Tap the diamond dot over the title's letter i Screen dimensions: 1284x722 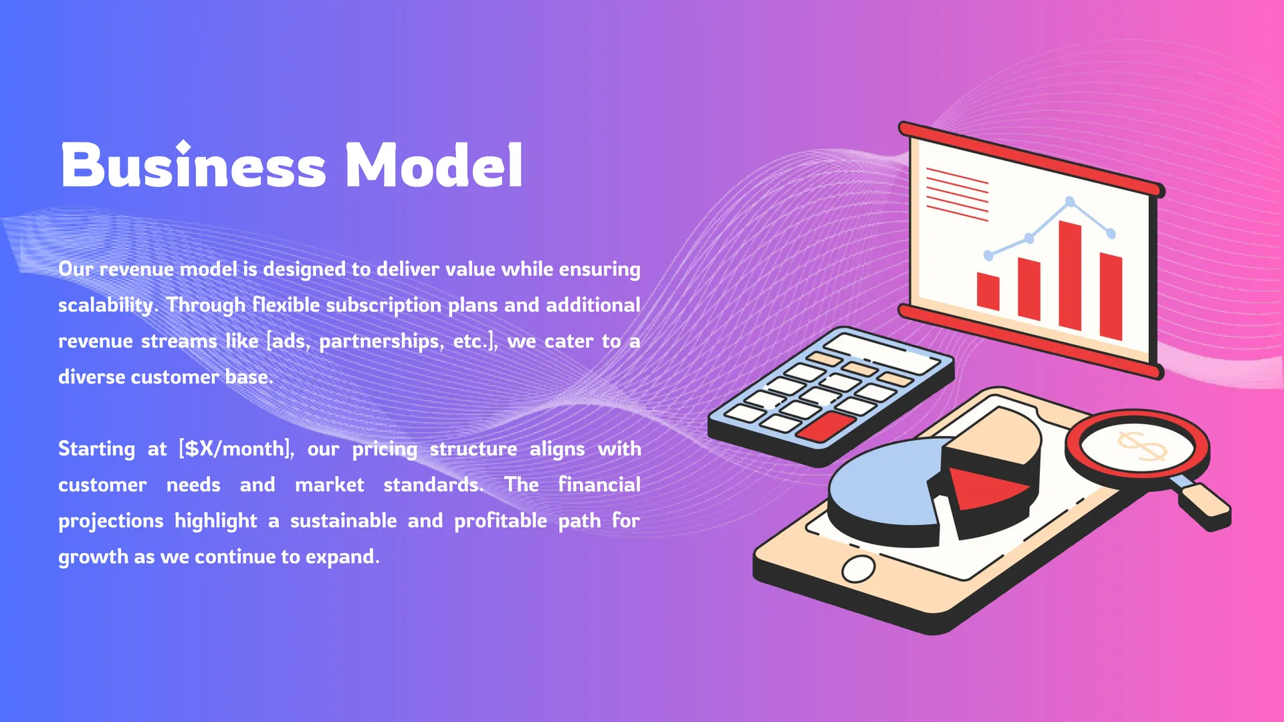pos(183,146)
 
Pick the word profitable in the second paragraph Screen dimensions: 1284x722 pos(500,521)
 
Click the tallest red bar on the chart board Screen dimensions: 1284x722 pos(1070,275)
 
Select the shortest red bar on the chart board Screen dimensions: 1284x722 pos(988,291)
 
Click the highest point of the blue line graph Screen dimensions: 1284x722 pos(1070,201)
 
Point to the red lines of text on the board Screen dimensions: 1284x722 pos(957,195)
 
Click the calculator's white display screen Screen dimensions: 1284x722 pos(881,353)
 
